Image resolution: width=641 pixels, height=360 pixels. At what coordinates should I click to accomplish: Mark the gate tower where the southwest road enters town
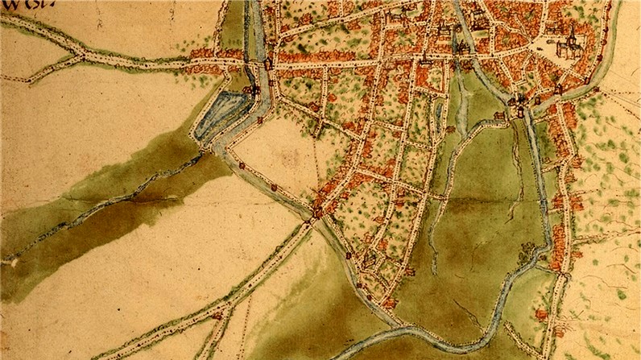click(x=317, y=213)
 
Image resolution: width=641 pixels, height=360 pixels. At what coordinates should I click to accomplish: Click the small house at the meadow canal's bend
click(x=500, y=118)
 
